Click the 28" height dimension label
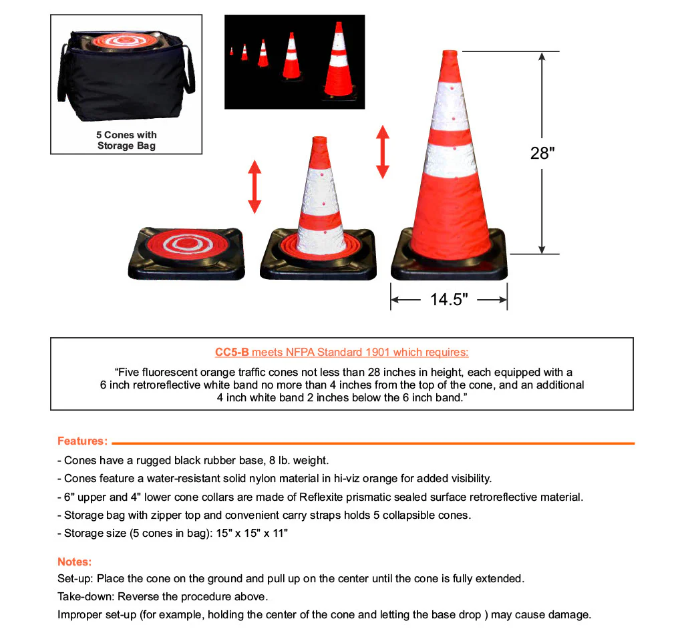click(542, 153)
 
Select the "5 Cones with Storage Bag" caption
click(126, 140)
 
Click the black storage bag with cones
click(126, 77)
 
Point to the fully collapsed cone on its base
click(186, 252)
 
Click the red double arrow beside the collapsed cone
click(254, 187)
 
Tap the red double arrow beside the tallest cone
click(383, 152)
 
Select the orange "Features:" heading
click(82, 441)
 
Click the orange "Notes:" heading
click(74, 562)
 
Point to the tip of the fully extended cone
click(450, 53)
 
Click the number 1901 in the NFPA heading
click(377, 353)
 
